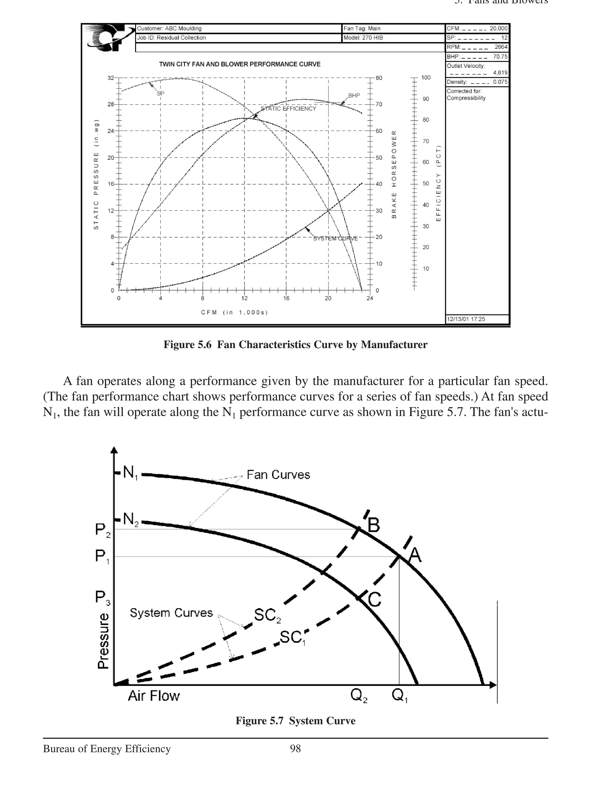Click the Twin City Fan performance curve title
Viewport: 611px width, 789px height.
coord(240,64)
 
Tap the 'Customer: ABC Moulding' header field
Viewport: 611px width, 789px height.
coord(169,29)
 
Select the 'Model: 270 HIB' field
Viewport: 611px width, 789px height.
coord(363,38)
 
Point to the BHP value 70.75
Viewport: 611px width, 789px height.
coord(500,57)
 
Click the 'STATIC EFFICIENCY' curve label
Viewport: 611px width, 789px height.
coord(288,109)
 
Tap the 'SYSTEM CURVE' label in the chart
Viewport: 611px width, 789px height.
coord(335,238)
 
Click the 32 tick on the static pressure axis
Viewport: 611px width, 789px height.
coord(111,78)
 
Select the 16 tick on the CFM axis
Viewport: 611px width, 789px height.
coord(286,298)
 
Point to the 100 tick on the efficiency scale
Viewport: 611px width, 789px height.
coord(426,78)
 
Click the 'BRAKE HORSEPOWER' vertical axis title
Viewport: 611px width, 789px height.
coord(394,174)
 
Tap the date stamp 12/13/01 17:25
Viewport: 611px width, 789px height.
coord(466,319)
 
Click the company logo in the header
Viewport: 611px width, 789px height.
coord(109,38)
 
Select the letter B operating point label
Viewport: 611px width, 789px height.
coord(374,525)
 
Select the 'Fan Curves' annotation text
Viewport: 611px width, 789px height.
coord(278,475)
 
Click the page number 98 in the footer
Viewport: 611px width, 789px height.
coord(295,749)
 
